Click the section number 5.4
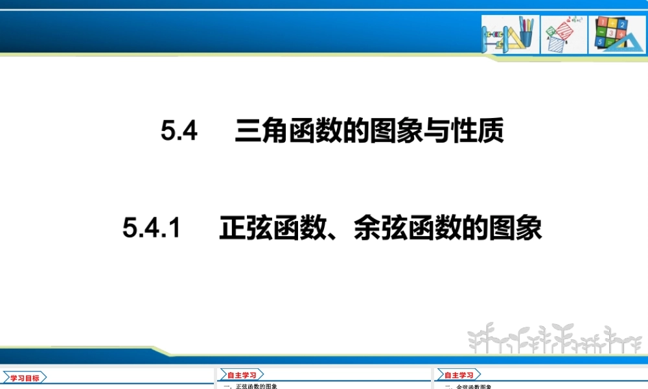point(179,132)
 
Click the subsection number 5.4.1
point(150,228)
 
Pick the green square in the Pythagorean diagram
point(551,30)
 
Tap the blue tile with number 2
point(623,24)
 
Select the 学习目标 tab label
point(25,378)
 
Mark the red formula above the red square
point(572,20)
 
